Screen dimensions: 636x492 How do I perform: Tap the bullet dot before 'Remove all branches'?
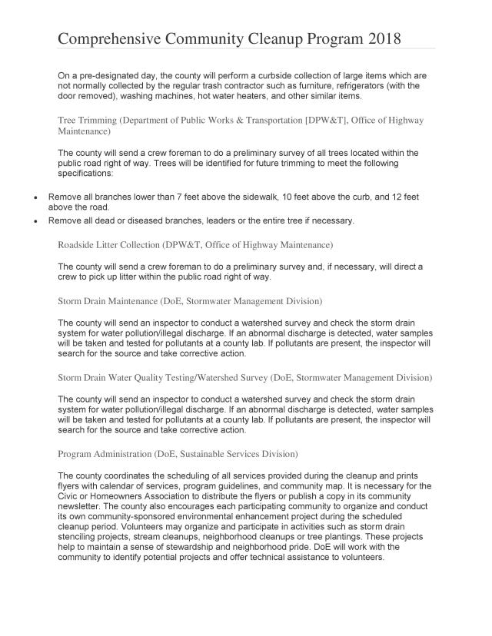[x=36, y=198]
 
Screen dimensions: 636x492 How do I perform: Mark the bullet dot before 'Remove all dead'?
[x=36, y=221]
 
